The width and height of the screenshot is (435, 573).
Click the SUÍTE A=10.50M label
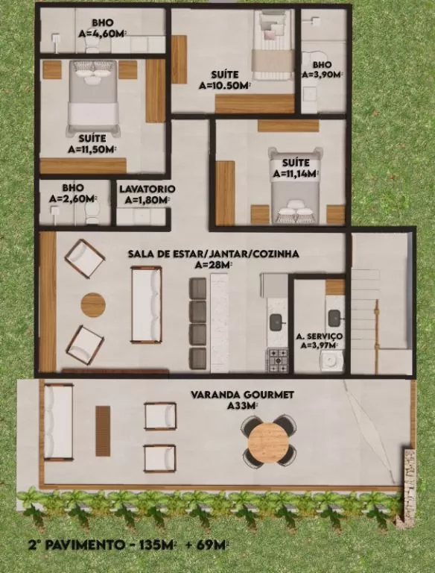click(x=225, y=80)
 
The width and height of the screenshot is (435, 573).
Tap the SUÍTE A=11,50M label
click(x=92, y=144)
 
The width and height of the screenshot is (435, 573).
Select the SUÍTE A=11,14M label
click(x=296, y=169)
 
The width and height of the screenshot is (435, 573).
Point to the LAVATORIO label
click(x=147, y=189)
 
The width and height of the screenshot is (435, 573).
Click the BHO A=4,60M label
click(x=103, y=28)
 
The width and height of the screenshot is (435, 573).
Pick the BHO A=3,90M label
click(x=323, y=69)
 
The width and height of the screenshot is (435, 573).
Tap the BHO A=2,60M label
click(x=73, y=193)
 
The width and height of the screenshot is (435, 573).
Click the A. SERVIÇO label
click(x=320, y=336)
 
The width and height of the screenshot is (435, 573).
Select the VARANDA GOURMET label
click(x=242, y=395)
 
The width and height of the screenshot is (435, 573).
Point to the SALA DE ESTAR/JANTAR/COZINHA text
click(x=214, y=254)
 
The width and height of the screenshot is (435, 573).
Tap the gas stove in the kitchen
click(x=279, y=360)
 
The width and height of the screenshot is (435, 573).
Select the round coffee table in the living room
click(x=93, y=304)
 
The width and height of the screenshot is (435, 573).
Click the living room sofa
click(x=146, y=304)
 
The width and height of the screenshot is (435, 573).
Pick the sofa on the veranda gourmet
click(x=58, y=422)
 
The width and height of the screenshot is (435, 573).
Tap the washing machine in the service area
click(x=331, y=361)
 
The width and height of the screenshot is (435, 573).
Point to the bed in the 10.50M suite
click(x=273, y=45)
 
